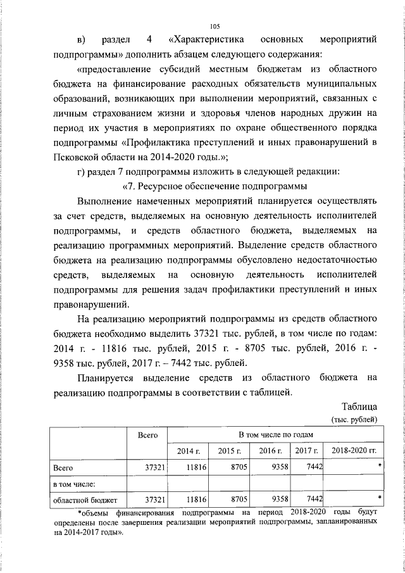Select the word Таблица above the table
pos(359,406)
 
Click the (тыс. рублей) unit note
pos(354,419)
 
